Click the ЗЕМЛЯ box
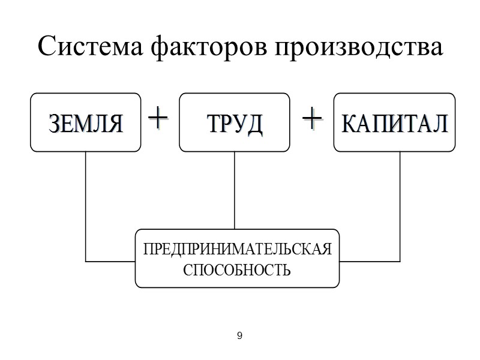click(86, 122)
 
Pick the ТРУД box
click(234, 122)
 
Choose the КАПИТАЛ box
click(394, 122)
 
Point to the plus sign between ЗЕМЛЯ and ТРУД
click(158, 118)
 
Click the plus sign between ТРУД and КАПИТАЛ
click(312, 118)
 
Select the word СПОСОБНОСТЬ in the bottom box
click(237, 269)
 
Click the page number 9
click(239, 336)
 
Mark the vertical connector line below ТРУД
click(235, 189)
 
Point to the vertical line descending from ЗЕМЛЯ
click(86, 204)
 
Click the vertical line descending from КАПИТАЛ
click(400, 204)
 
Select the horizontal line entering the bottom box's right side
click(369, 262)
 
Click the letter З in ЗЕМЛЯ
click(55, 124)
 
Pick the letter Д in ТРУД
click(254, 124)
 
